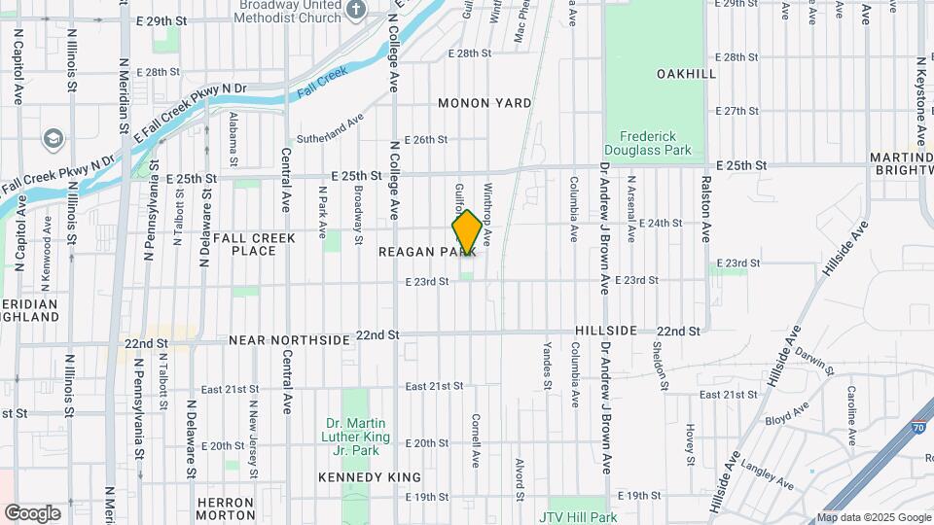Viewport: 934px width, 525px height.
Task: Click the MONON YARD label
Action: [x=485, y=103]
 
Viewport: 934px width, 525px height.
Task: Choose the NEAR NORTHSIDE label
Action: [x=289, y=340]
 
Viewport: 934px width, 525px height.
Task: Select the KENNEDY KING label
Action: [x=370, y=477]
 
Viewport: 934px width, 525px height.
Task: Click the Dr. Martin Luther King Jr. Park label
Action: [x=356, y=437]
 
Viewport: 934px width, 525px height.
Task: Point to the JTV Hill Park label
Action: [x=580, y=518]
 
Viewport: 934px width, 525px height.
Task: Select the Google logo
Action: [x=33, y=512]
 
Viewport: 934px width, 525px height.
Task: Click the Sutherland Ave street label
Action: [x=329, y=122]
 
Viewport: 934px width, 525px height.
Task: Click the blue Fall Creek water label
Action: [x=309, y=85]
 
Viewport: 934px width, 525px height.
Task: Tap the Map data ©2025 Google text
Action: [x=874, y=517]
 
